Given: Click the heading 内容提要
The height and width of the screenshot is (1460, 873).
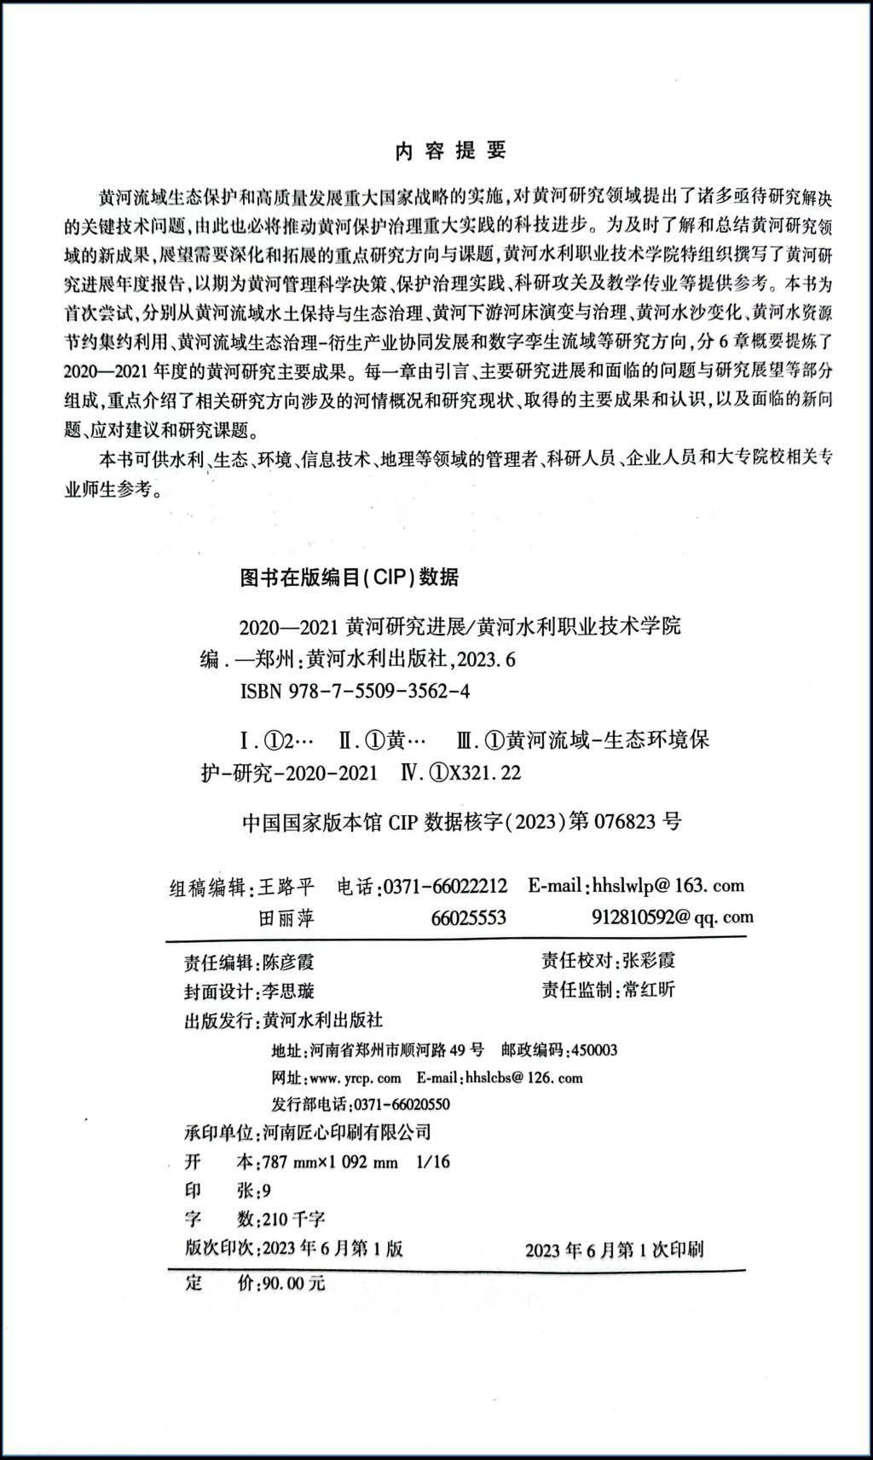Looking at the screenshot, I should pos(451,151).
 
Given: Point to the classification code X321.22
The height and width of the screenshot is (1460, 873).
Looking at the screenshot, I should pos(484,773).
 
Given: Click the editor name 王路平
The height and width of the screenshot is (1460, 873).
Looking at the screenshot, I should pos(288,887).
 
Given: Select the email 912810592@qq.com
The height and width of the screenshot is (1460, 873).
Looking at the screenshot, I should pos(672,917).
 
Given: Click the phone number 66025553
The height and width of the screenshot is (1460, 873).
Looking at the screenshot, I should pos(469,917).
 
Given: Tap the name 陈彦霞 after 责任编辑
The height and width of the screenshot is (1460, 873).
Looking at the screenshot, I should pos(288,962).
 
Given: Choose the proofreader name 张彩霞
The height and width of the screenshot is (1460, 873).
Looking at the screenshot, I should pos(648,960).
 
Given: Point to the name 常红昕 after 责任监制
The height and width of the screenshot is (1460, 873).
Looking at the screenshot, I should pos(648,990).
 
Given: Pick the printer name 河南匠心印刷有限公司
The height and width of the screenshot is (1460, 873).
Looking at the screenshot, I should pos(347,1132).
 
